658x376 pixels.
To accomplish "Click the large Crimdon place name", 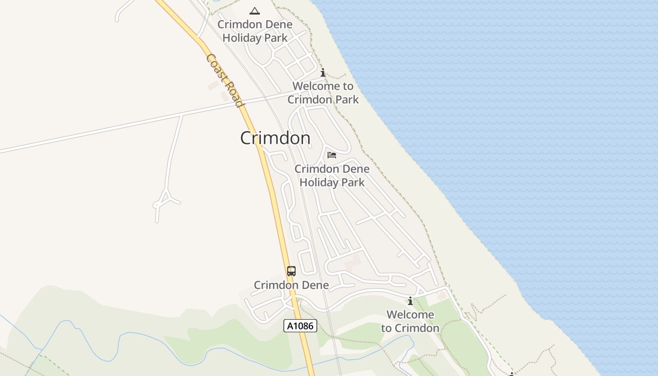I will coord(275,138).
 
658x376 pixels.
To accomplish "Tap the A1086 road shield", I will coord(300,326).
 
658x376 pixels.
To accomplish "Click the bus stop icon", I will coord(291,271).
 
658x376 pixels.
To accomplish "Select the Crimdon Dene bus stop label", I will coord(291,285).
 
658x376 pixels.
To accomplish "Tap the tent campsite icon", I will coord(255,11).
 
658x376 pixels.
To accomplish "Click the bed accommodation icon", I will coord(332,155).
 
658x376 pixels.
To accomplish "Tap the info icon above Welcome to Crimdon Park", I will coord(323,73).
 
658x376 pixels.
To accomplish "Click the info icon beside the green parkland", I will coord(410,301).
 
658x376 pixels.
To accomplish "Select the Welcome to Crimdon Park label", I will coord(323,93).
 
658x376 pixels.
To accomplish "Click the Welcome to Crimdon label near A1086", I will coord(410,321).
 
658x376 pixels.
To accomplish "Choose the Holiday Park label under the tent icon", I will coord(255,38).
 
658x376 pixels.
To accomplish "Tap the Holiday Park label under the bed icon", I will coord(332,182).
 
